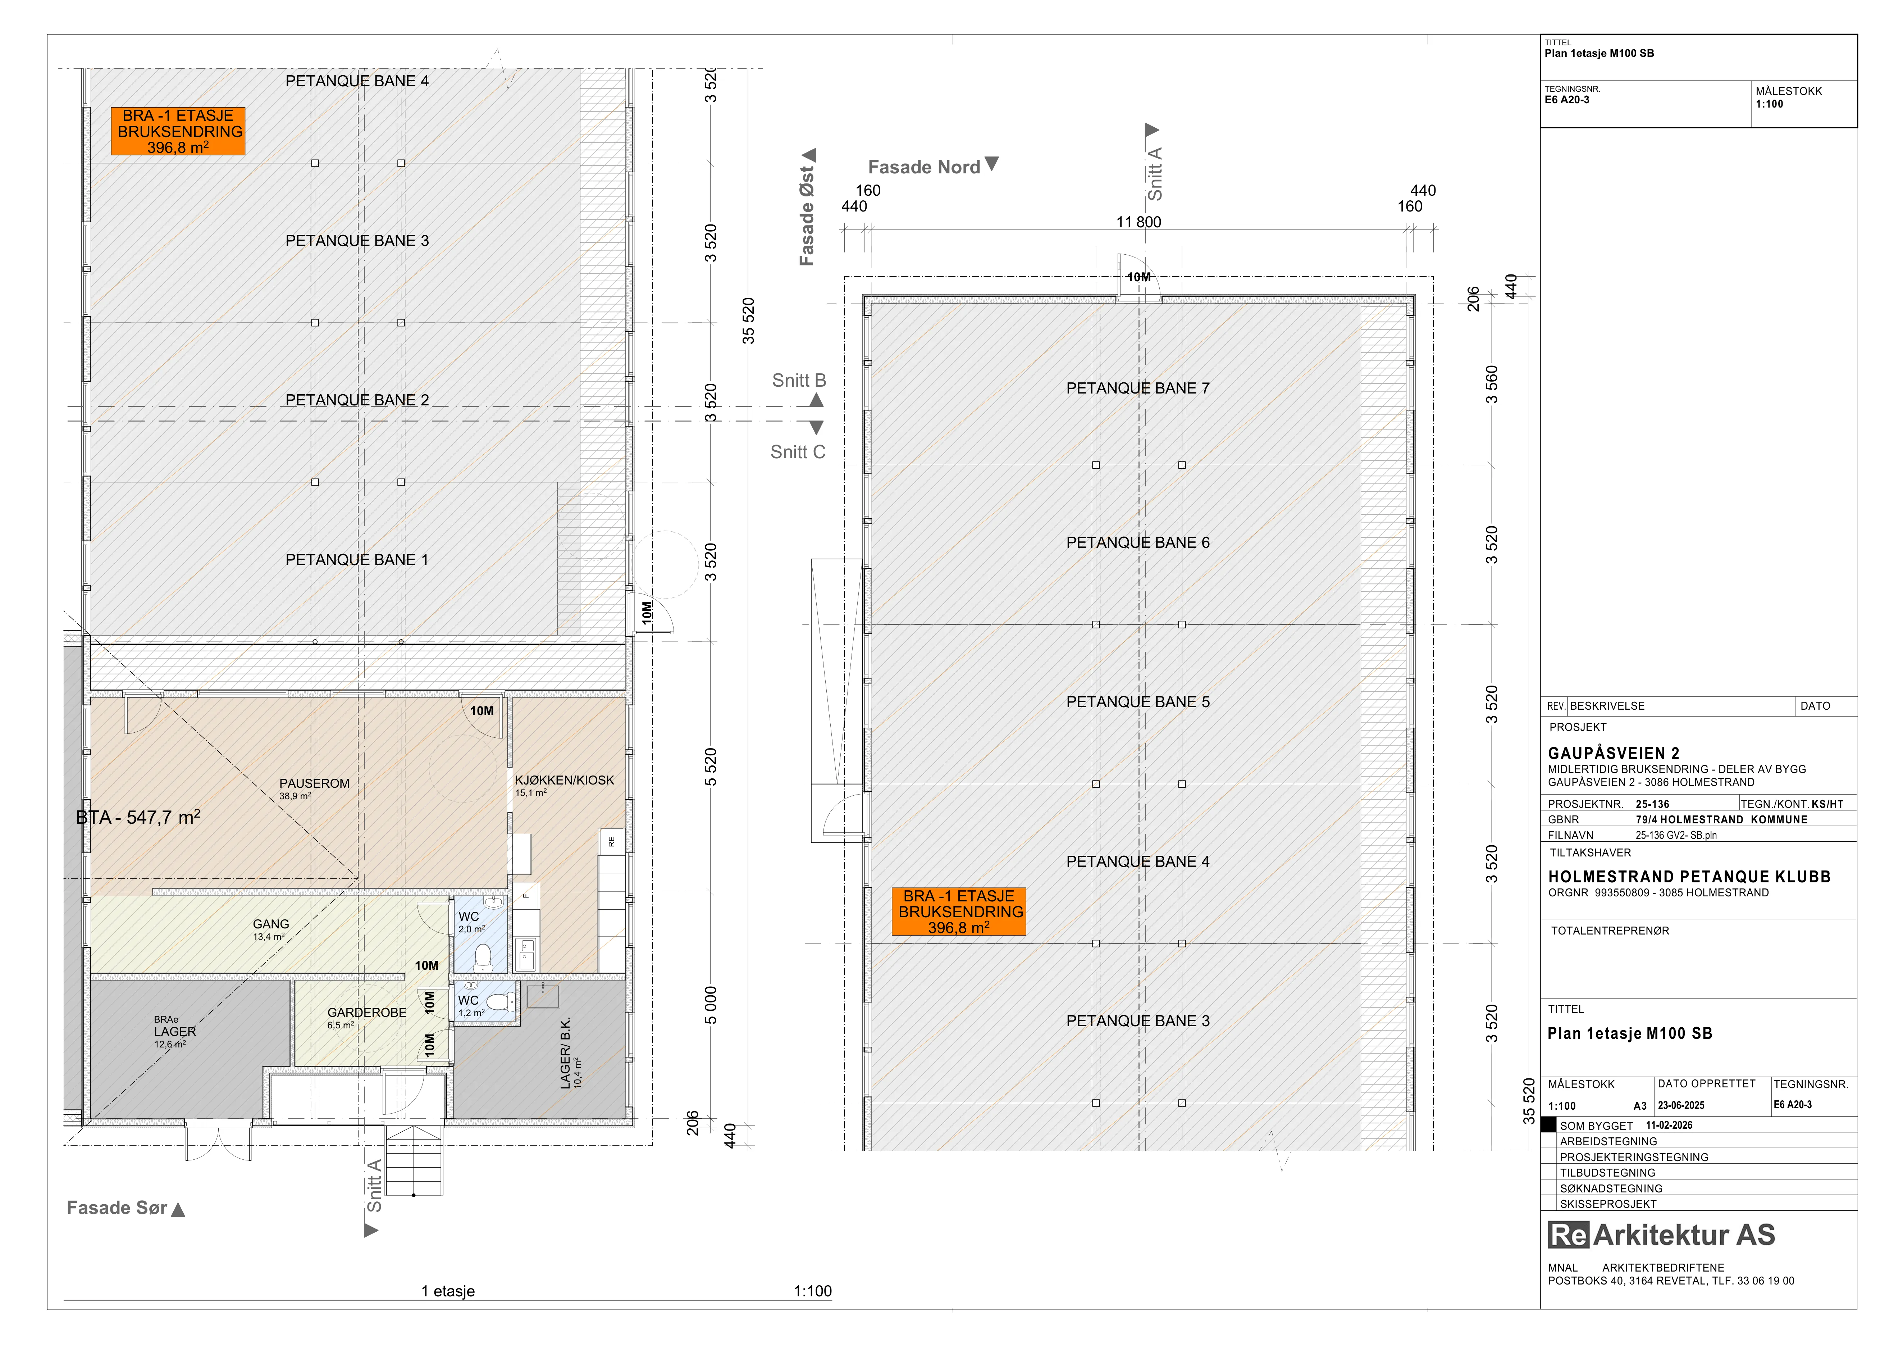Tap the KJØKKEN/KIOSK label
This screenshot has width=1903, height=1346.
point(565,780)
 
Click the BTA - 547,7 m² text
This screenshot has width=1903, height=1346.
point(138,817)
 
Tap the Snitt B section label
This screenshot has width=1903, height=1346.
point(799,381)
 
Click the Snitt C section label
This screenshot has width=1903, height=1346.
point(797,452)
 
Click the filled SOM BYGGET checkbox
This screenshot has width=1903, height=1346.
point(1548,1125)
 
